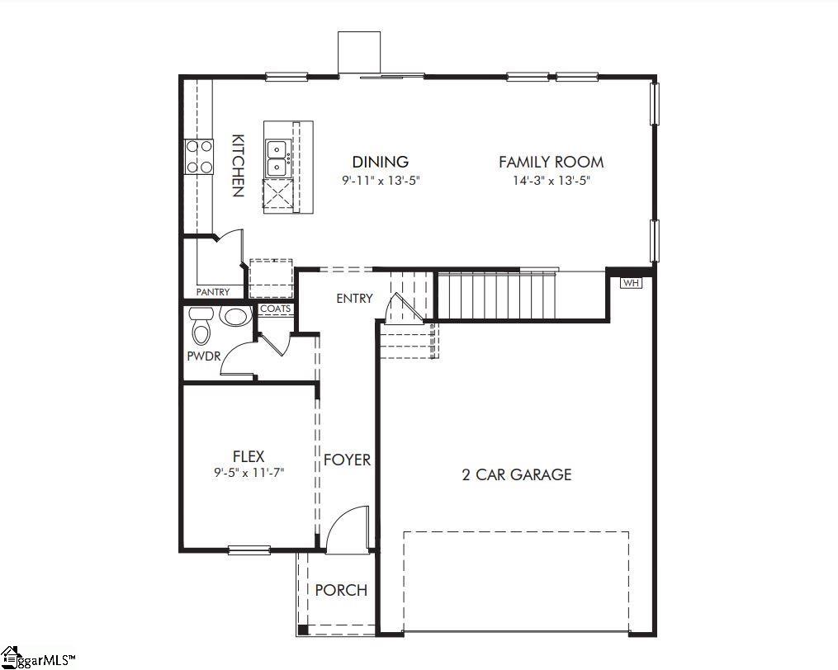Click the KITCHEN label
237,165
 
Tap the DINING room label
380,162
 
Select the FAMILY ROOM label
551,162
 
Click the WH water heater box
631,283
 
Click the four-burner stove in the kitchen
198,157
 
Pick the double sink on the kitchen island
277,158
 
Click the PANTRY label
213,292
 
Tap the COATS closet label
275,309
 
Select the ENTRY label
354,298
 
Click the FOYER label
347,460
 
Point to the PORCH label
341,590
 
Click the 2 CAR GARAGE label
516,474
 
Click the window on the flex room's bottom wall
249,550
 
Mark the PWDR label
202,356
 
